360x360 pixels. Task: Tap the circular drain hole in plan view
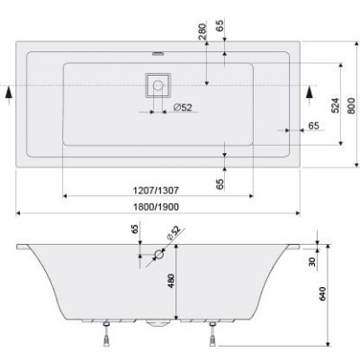click(x=159, y=86)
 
